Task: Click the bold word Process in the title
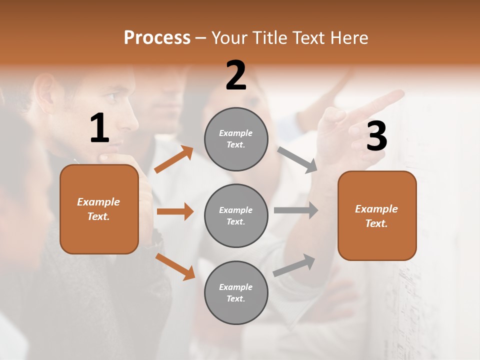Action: (157, 38)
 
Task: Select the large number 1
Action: (99, 128)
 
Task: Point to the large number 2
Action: (236, 75)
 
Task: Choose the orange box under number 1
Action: (99, 209)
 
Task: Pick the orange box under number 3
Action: (377, 216)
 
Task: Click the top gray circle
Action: (236, 139)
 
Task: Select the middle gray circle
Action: (236, 215)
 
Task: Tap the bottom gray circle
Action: (236, 292)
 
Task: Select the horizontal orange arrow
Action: (175, 211)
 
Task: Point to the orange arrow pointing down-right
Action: (175, 266)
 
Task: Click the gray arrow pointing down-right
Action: (297, 160)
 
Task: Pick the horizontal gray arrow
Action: (295, 210)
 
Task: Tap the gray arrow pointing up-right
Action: (294, 265)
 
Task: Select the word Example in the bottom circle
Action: (235, 287)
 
